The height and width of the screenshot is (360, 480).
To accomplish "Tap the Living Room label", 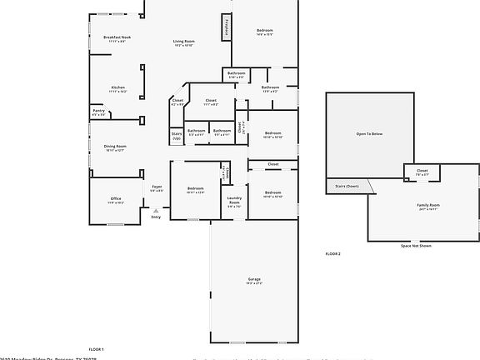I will click(x=183, y=42).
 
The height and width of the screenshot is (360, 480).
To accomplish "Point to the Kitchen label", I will click(x=118, y=88).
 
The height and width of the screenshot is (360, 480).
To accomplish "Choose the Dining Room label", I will click(x=114, y=147).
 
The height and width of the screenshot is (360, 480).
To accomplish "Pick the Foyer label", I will click(x=157, y=188).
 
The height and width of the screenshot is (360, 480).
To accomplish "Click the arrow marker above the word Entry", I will click(x=156, y=210).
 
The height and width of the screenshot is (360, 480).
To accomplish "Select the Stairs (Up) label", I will click(x=177, y=135).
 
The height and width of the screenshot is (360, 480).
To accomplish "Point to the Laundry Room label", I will click(x=234, y=201).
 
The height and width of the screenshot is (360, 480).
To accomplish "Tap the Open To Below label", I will click(x=369, y=133).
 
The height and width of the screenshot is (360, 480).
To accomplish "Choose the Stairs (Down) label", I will click(x=347, y=186).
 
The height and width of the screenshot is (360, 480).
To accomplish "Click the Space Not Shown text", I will click(x=416, y=246).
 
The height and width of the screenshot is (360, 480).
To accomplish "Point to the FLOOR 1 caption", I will click(x=97, y=348).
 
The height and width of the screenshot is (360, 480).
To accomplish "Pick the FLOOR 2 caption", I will click(x=332, y=252).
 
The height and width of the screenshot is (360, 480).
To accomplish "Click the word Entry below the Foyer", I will click(x=156, y=217).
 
